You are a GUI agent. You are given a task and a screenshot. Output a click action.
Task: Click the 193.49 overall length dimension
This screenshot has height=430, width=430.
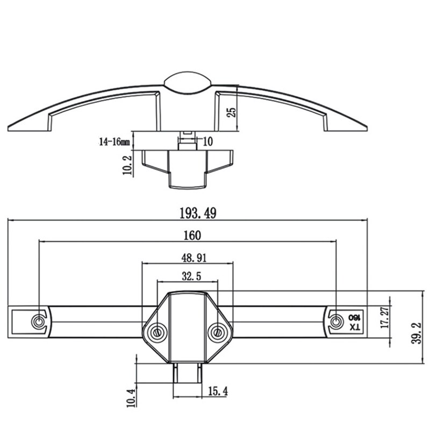pos(198,213)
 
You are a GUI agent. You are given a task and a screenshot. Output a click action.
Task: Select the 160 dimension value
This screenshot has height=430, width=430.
pos(192,235)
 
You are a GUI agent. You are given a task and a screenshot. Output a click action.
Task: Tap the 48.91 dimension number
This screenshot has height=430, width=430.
pos(194,258)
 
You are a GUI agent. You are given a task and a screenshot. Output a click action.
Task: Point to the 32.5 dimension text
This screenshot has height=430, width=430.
pos(191,276)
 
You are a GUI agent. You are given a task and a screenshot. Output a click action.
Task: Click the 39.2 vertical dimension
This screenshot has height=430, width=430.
pos(416,333)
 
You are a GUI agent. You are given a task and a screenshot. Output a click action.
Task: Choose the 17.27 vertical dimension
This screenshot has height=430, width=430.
pos(385,318)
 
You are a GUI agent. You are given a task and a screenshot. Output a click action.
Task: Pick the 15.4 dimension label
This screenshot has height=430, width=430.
pos(218,391)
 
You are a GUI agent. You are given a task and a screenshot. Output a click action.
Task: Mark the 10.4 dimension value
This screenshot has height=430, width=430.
pos(131,398)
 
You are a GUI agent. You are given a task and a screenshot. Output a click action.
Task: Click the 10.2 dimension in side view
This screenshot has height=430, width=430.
pos(127,165)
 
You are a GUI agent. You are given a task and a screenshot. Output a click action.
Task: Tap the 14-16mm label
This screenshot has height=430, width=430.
pos(114,142)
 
